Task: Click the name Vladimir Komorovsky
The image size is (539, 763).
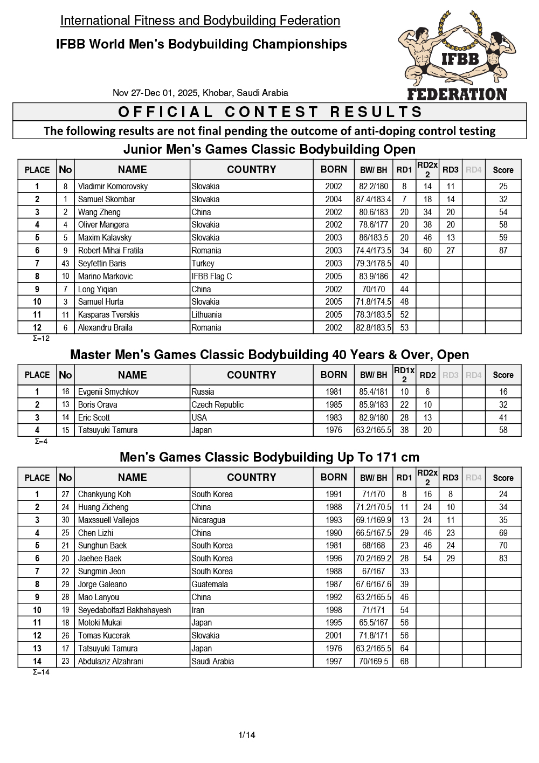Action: (113, 187)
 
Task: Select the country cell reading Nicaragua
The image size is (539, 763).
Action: (209, 520)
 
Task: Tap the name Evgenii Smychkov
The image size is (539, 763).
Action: (108, 392)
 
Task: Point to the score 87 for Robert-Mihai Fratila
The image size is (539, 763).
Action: (503, 251)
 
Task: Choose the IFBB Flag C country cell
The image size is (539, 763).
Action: (212, 277)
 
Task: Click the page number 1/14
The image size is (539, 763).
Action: (247, 734)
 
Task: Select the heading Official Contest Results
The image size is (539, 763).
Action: (270, 112)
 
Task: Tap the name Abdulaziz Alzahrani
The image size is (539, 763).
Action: (110, 662)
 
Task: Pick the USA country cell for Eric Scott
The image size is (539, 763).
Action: (199, 418)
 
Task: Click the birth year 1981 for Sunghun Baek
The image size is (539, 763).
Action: (334, 546)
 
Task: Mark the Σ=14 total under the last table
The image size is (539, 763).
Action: (41, 672)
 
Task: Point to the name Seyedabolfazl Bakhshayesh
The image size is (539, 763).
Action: (125, 610)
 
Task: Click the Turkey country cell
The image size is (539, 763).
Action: (203, 264)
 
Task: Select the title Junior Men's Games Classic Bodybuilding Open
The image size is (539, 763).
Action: (269, 149)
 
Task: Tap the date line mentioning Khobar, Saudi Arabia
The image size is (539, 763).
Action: (201, 93)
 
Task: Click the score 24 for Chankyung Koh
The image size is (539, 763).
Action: (503, 494)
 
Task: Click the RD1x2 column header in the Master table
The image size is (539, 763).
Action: (404, 375)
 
